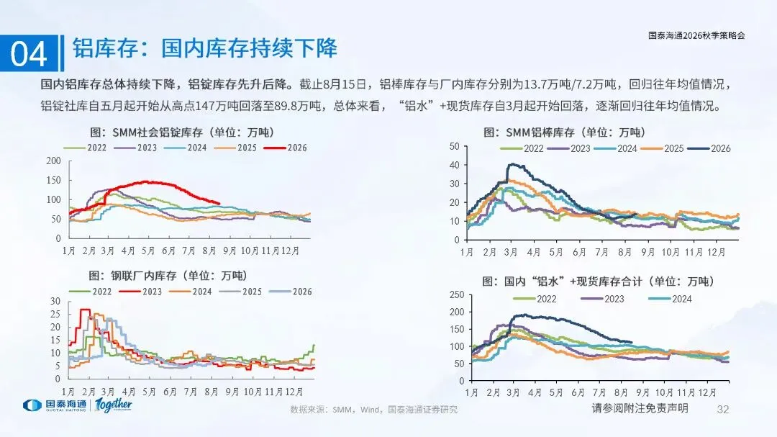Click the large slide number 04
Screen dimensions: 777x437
click(29, 53)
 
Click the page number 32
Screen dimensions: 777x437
click(723, 409)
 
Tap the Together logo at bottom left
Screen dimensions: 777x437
click(114, 405)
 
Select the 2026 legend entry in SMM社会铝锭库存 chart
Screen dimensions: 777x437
click(286, 148)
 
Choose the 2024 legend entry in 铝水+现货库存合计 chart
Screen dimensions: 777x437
click(670, 299)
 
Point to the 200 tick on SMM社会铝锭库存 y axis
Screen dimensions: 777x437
click(53, 161)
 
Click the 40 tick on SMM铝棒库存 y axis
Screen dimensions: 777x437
click(455, 165)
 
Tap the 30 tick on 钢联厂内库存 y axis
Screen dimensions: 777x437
click(55, 301)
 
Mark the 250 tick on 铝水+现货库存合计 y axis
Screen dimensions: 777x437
click(457, 294)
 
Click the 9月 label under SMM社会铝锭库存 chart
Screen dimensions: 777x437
click(230, 251)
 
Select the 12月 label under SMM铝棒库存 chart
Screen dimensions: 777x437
click(716, 252)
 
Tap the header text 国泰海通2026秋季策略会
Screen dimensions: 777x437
click(696, 35)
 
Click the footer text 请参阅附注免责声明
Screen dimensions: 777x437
click(640, 408)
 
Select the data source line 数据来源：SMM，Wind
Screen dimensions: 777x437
click(373, 410)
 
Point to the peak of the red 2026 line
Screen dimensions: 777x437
click(145, 181)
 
